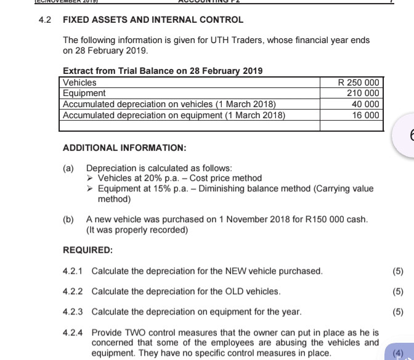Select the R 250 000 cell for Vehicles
tap(360, 82)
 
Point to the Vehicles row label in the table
tap(80, 82)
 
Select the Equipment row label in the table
tap(84, 93)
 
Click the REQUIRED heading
tap(88, 250)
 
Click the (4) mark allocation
tap(398, 353)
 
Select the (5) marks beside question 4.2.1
tap(398, 271)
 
